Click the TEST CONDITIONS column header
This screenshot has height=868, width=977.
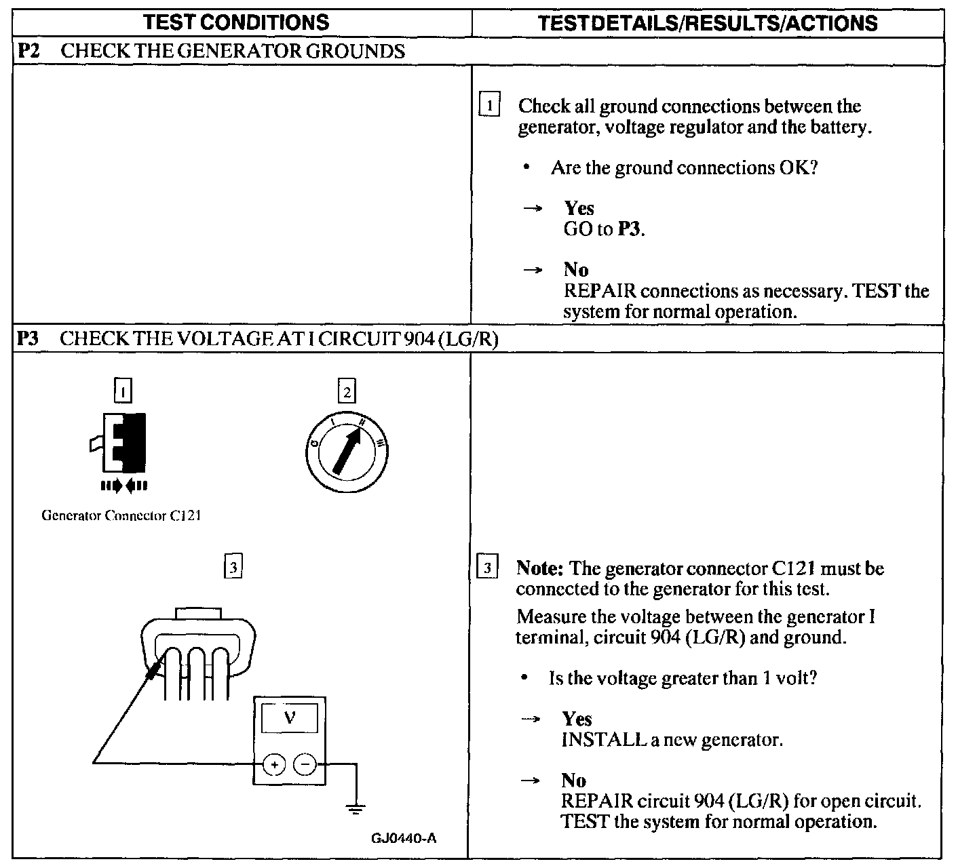[237, 22]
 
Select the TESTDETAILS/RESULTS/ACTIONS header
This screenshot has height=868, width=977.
[707, 23]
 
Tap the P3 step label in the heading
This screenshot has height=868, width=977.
[28, 338]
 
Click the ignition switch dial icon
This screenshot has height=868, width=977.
[347, 451]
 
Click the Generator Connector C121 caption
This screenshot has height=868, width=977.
[121, 515]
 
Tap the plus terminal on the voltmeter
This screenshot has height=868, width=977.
[274, 764]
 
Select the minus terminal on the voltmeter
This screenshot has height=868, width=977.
[305, 764]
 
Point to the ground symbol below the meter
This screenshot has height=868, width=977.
[355, 807]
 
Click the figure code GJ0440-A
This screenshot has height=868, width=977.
[404, 838]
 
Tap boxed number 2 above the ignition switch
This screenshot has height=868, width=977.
[347, 392]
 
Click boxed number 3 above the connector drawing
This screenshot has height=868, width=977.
[233, 567]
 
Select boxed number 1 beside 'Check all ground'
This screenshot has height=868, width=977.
[489, 106]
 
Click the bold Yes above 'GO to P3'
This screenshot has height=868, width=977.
[579, 208]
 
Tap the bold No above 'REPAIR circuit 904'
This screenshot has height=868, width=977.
[573, 780]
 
